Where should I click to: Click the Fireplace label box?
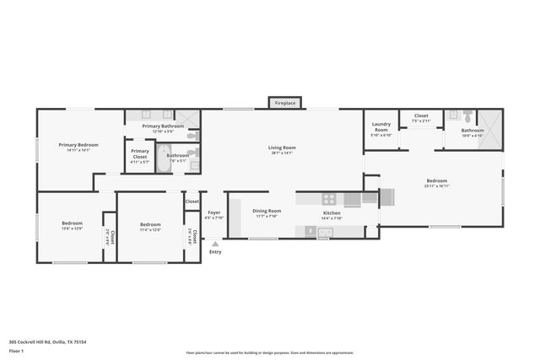pyautogui.click(x=284, y=103)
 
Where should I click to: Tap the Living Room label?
pyautogui.click(x=282, y=148)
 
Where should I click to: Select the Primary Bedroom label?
pyautogui.click(x=78, y=145)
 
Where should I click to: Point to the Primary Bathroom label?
pyautogui.click(x=162, y=126)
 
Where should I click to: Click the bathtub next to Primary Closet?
pyautogui.click(x=164, y=164)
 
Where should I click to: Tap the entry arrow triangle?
pyautogui.click(x=215, y=244)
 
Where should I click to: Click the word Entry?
pyautogui.click(x=215, y=251)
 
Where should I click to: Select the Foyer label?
pyautogui.click(x=214, y=212)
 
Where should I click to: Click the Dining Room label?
pyautogui.click(x=266, y=211)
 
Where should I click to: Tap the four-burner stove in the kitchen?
pyautogui.click(x=328, y=200)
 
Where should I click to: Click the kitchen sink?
pyautogui.click(x=325, y=232)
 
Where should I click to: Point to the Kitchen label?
pyautogui.click(x=332, y=213)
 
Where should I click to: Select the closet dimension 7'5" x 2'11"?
pyautogui.click(x=421, y=121)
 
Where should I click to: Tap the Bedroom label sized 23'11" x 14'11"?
pyautogui.click(x=436, y=181)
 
